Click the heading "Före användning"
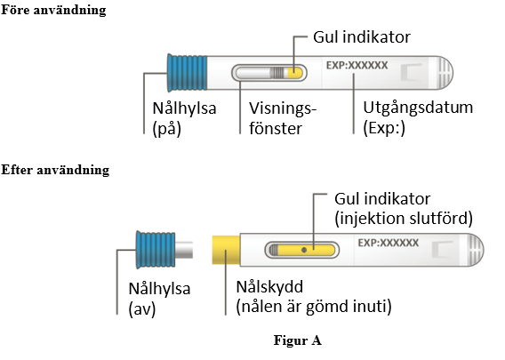pyautogui.click(x=53, y=10)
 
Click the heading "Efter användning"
pyautogui.click(x=55, y=170)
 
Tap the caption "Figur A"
pyautogui.click(x=297, y=340)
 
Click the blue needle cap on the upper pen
pyautogui.click(x=187, y=73)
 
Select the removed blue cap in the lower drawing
pyautogui.click(x=156, y=250)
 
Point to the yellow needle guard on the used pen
pyautogui.click(x=226, y=250)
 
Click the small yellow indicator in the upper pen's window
pyautogui.click(x=295, y=73)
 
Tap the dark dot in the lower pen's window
pyautogui.click(x=304, y=250)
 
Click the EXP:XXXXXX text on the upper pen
pyautogui.click(x=357, y=66)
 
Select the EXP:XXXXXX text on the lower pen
pyautogui.click(x=389, y=243)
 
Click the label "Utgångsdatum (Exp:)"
pyautogui.click(x=418, y=117)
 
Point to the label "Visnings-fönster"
pyautogui.click(x=283, y=118)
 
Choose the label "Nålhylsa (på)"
pyautogui.click(x=184, y=118)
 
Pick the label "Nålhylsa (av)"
pyautogui.click(x=159, y=299)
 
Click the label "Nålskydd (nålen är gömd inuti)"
pyautogui.click(x=314, y=297)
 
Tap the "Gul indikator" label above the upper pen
pyautogui.click(x=362, y=37)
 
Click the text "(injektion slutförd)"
pyautogui.click(x=404, y=219)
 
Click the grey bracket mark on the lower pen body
pyautogui.click(x=442, y=250)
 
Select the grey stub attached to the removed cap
pyautogui.click(x=184, y=250)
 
